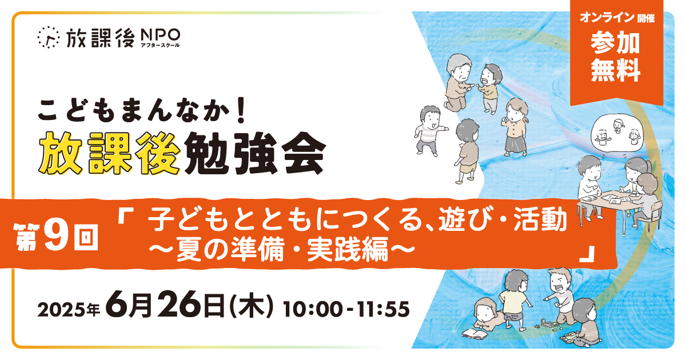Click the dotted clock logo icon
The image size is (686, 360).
coord(48,37)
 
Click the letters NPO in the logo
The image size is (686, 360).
coord(160,35)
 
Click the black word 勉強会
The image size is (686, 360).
coord(256,153)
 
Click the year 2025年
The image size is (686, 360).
coord(69,310)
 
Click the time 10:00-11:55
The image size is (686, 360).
coord(346,309)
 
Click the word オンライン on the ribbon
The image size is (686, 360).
coord(607,18)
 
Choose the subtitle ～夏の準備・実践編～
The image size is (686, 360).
coord(282,250)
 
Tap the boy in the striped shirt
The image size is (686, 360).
coord(429,131)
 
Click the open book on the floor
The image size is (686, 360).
coord(474,333)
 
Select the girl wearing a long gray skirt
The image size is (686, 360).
coord(515,127)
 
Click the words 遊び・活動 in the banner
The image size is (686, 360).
coord(502,219)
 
